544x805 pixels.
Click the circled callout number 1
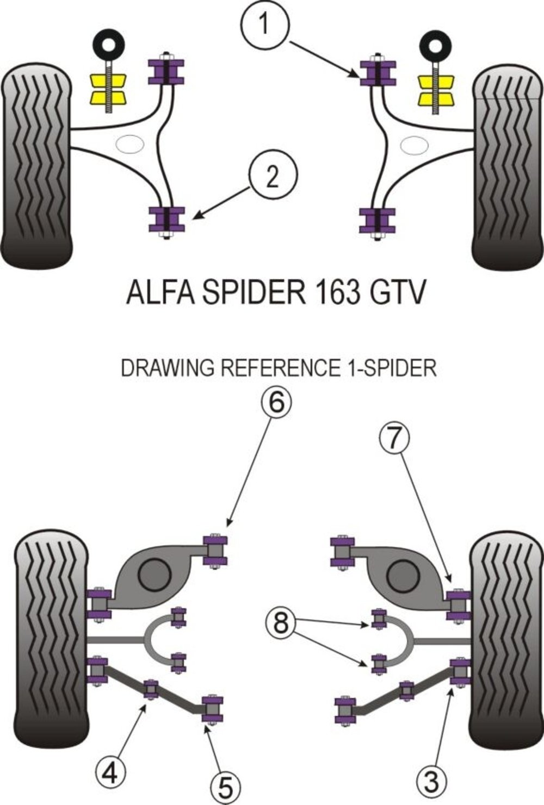[264, 24]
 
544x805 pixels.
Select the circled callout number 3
[431, 781]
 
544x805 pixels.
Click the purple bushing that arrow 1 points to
[378, 73]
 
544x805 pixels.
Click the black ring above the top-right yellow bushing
[435, 46]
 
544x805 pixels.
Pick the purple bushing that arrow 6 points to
[215, 550]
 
